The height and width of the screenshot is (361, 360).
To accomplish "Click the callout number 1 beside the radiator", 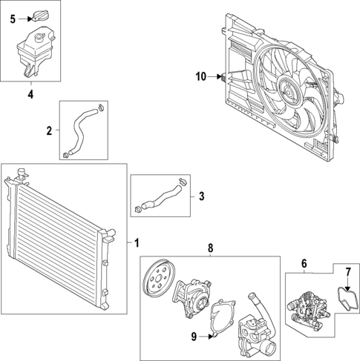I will coord(136,242).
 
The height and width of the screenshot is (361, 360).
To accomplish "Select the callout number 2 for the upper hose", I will coord(49,130).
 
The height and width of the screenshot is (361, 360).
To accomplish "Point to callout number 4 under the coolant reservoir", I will coord(30,94).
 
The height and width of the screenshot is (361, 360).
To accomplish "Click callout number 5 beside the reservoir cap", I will coord(13,19).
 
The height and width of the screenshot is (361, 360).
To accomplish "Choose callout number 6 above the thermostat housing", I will coord(303,262).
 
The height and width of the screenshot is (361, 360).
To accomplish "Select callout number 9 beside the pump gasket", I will coord(194,337).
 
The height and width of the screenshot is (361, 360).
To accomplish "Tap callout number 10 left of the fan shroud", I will coord(200,76).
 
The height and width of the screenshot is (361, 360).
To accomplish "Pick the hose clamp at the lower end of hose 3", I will coord(139,210).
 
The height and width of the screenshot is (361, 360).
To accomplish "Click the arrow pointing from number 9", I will coord(208,337).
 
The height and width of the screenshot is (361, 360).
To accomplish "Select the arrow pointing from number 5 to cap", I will coord(24,19).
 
